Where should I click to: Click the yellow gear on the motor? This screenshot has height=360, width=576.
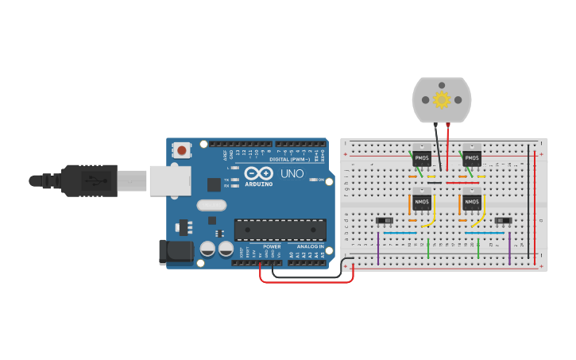441,100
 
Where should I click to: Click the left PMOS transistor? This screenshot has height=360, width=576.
421,158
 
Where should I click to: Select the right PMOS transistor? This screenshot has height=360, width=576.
472,158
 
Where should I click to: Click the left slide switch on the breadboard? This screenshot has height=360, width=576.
385,221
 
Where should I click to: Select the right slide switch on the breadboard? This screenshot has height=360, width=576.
502,221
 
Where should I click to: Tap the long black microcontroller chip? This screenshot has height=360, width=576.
280,230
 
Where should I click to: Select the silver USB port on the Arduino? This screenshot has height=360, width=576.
169,180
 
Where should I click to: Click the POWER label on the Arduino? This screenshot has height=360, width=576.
272,246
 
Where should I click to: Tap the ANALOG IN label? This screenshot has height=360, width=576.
311,246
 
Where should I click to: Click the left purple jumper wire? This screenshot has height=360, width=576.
378,248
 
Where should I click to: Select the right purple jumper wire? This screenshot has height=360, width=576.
509,248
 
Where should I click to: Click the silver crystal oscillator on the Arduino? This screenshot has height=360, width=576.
212,205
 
